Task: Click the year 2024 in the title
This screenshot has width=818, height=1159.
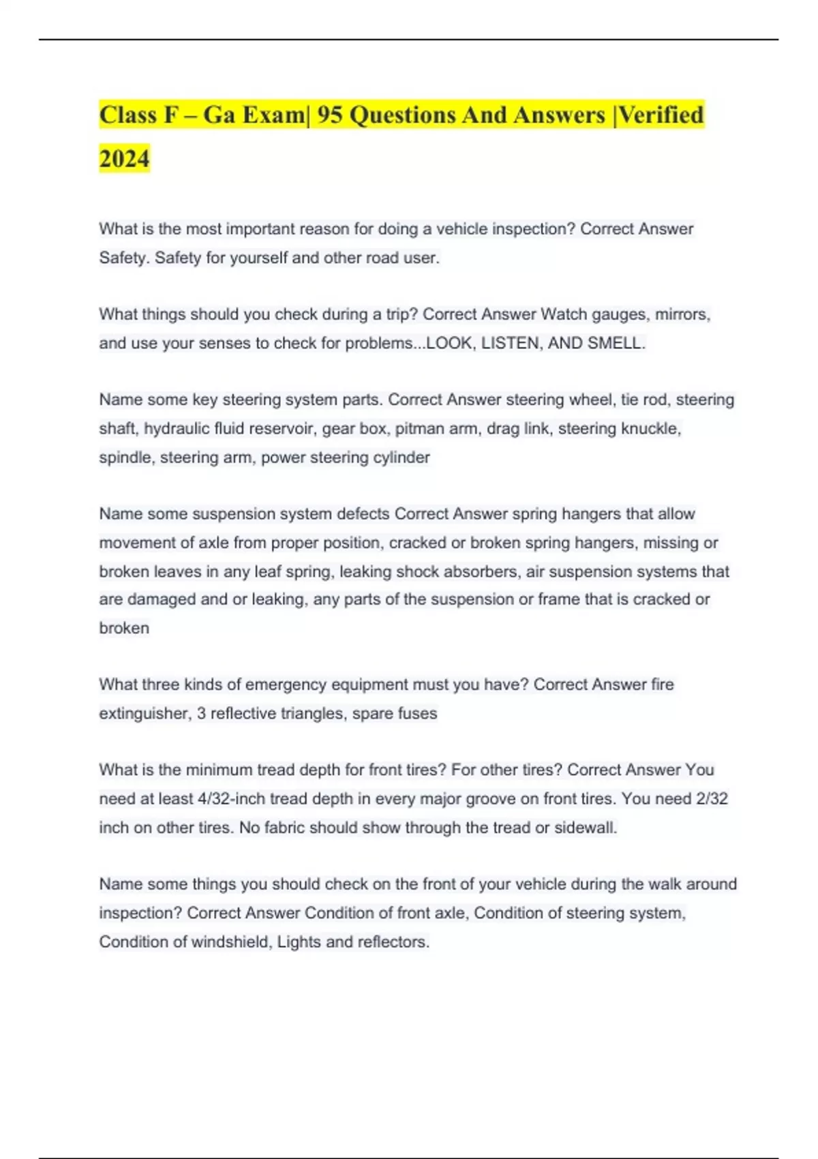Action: click(x=124, y=159)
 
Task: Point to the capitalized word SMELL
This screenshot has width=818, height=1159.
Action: click(x=616, y=343)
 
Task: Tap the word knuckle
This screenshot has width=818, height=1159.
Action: click(x=651, y=429)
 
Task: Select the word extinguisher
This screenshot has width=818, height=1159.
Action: click(x=145, y=714)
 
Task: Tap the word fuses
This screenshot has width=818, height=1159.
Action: click(x=416, y=714)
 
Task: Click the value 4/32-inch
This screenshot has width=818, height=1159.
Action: click(x=231, y=799)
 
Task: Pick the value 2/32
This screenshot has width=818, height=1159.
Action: click(x=712, y=799)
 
